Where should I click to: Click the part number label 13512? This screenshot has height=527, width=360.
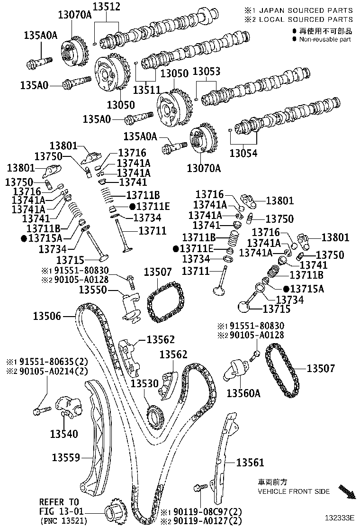106,7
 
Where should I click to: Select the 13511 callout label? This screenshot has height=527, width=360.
147,89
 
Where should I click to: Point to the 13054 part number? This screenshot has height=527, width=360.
244,153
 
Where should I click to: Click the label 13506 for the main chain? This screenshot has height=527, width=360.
47,316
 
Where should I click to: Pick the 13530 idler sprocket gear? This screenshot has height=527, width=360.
155,416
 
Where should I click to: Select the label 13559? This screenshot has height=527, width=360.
66,457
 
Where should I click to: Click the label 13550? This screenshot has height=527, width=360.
93,289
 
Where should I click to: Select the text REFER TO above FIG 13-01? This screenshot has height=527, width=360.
59,502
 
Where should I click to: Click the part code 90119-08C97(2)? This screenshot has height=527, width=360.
201,512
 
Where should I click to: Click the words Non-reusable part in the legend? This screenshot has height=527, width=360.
324,39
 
